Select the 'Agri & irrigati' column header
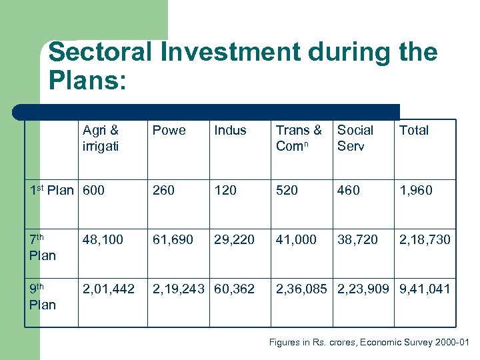click(x=101, y=138)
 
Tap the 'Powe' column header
click(x=169, y=131)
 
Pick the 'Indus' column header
click(x=230, y=131)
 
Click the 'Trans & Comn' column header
click(x=299, y=138)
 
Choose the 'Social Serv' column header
click(x=355, y=138)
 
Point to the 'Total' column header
click(x=413, y=131)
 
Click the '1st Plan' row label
click(x=52, y=190)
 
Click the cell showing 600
click(x=93, y=191)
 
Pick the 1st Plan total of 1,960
click(x=415, y=191)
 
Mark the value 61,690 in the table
click(x=173, y=239)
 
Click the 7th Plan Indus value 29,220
click(x=234, y=239)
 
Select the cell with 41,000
click(x=296, y=239)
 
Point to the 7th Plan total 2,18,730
click(x=425, y=239)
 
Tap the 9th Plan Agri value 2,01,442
click(x=108, y=289)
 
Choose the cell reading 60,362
click(x=234, y=289)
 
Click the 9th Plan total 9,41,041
click(x=425, y=289)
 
